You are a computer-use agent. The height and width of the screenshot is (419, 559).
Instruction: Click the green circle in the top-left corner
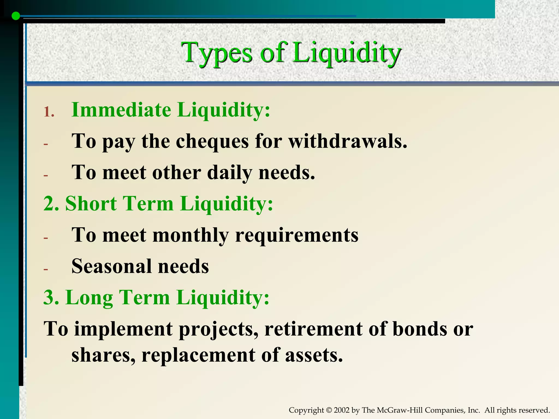coord(16,16)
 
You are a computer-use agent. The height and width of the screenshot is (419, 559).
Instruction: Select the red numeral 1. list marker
coord(49,112)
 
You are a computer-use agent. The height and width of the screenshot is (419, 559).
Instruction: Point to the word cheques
coord(212,142)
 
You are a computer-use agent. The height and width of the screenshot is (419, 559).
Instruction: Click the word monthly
coord(190,235)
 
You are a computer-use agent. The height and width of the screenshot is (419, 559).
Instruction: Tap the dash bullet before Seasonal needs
coord(46,269)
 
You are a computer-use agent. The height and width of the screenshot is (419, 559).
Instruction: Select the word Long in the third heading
coord(89,298)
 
